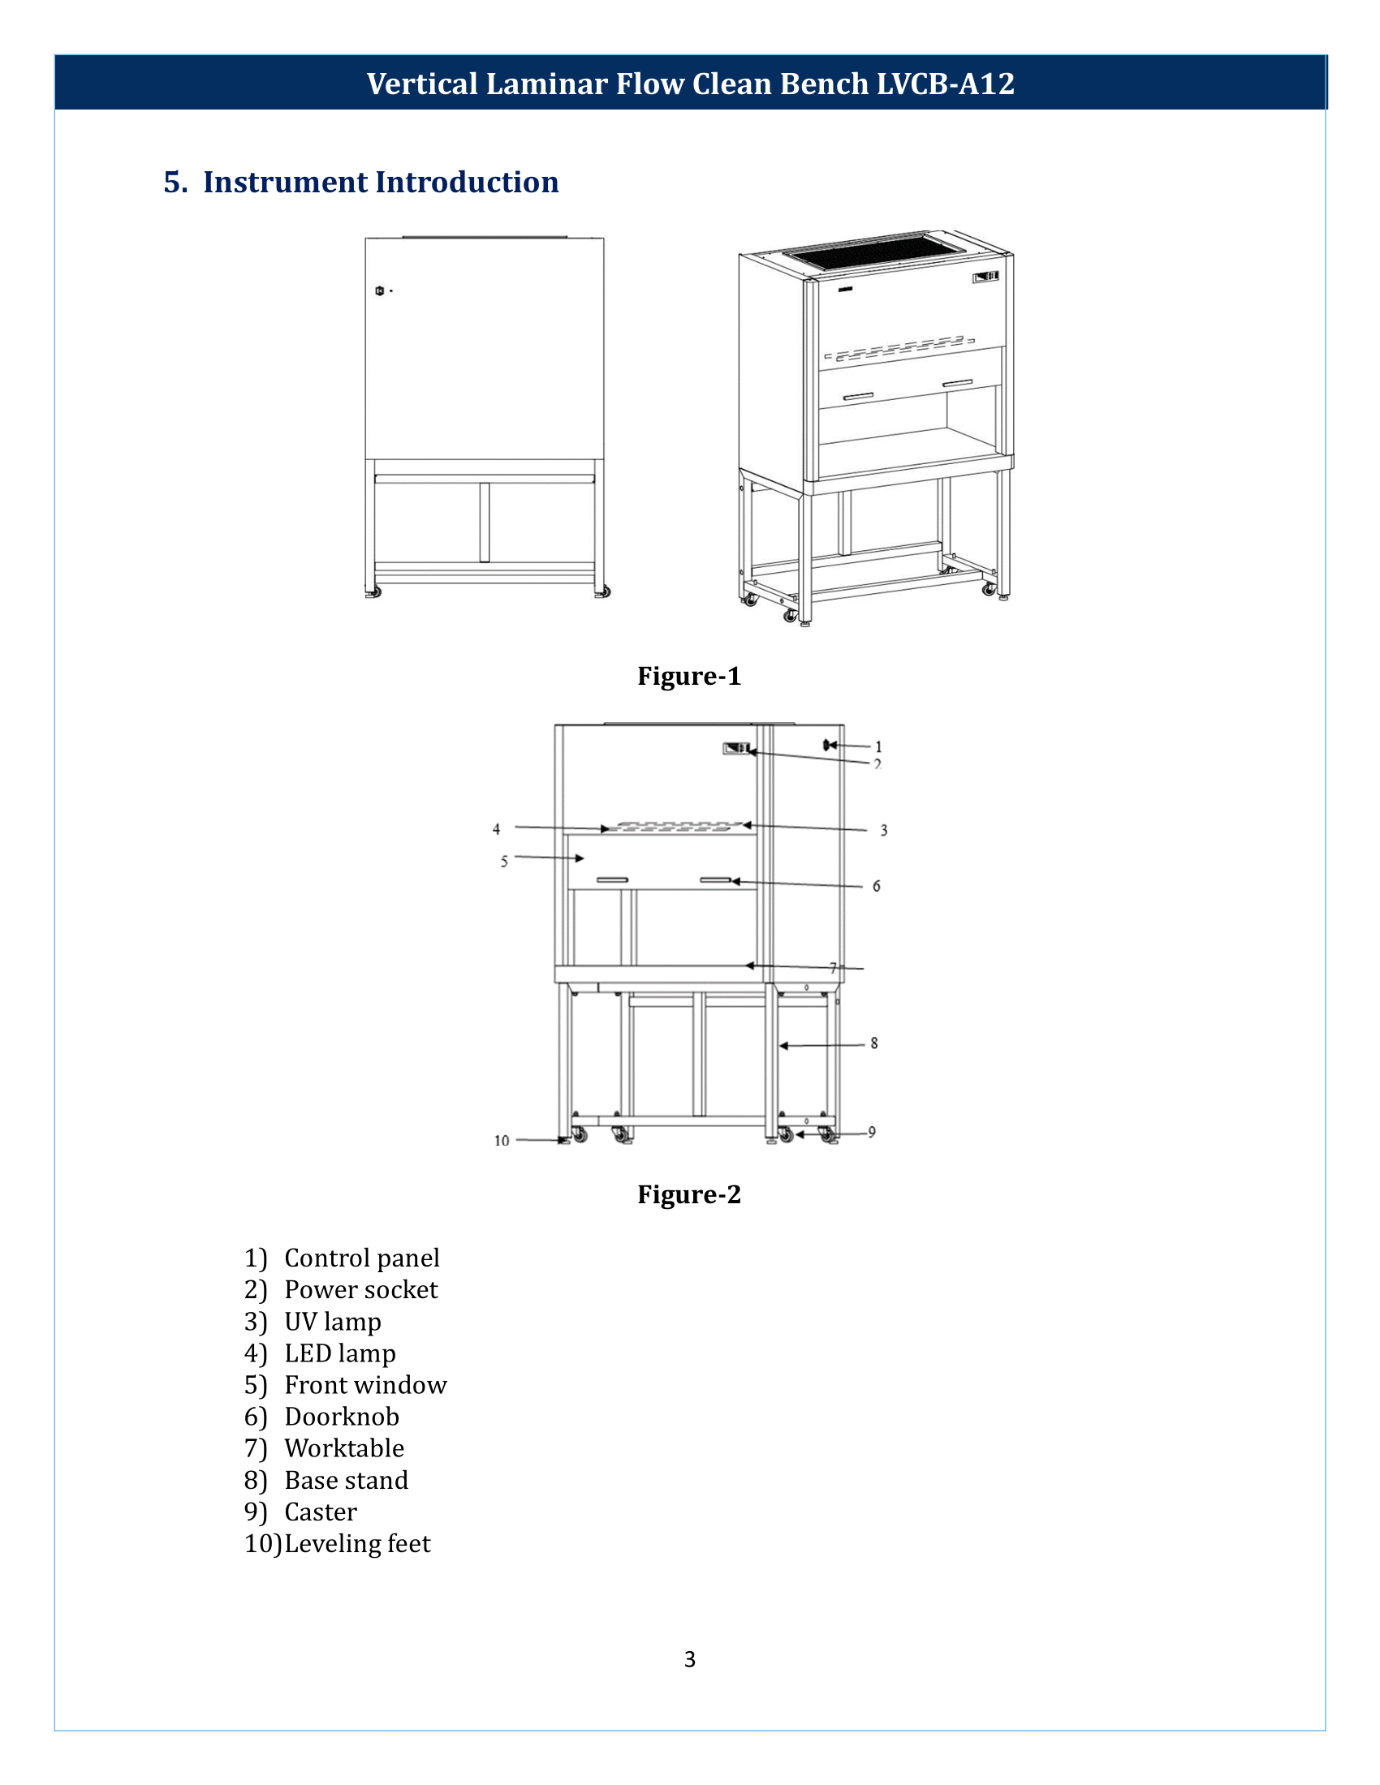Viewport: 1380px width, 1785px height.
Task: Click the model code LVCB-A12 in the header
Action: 945,84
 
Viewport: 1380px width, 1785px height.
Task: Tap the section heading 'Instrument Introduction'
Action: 380,183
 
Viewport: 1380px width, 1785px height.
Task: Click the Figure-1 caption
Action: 688,676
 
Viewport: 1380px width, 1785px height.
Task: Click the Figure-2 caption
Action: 688,1194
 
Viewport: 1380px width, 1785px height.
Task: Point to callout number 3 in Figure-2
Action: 884,830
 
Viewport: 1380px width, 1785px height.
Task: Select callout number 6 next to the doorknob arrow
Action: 877,886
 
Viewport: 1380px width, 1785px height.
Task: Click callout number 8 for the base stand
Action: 874,1043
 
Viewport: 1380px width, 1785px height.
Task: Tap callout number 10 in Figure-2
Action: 501,1140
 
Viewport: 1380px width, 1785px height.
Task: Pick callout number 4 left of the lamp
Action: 496,828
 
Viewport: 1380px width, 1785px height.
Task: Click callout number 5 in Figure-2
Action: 504,862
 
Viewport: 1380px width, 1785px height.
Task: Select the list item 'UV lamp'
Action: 332,1322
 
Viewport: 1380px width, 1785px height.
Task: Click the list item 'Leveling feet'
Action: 356,1544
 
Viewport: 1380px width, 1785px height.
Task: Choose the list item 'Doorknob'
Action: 342,1417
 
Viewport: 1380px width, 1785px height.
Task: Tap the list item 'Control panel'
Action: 361,1258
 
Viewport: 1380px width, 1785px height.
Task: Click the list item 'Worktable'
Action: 344,1448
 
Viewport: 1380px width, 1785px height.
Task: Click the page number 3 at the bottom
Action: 689,1659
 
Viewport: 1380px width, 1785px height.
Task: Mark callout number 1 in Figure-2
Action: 879,746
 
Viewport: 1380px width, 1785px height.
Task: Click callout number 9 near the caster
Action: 873,1132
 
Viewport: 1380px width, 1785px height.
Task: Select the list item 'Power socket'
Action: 360,1290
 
